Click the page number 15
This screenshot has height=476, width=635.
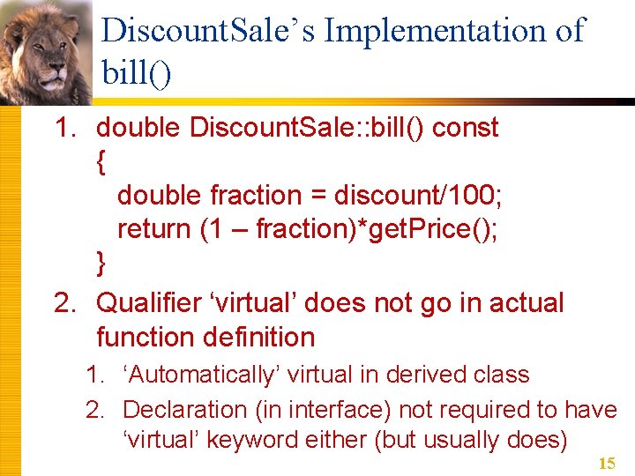[x=606, y=464]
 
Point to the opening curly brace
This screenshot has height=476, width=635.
[x=101, y=161]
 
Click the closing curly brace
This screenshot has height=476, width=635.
[x=101, y=263]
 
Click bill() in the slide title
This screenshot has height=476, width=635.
[x=137, y=72]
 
